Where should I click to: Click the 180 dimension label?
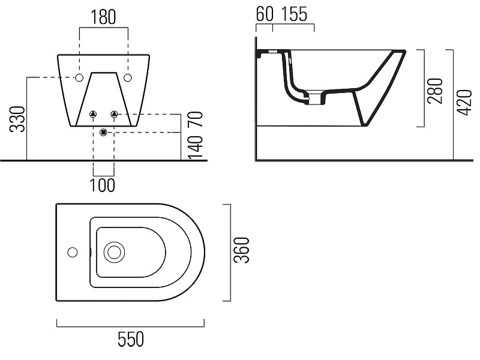pos(103,17)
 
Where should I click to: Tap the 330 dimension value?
pos(17,119)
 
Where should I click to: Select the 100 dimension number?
pos(102,185)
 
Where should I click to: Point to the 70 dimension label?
pos(196,119)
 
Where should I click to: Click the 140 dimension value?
pos(196,147)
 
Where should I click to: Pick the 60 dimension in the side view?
pos(265,14)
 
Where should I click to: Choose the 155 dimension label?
pos(294,14)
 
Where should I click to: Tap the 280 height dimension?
pos(435,91)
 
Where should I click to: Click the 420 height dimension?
pos(464,103)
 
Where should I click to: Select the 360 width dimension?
pos(242,250)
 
